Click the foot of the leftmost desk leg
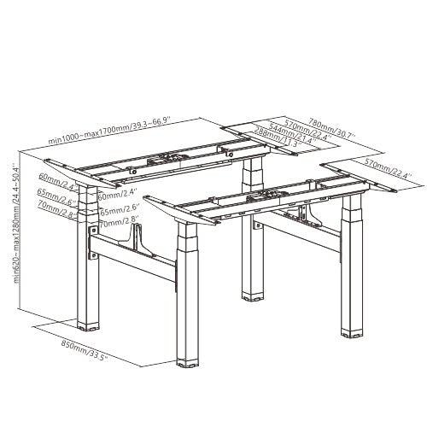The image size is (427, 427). coord(88,325)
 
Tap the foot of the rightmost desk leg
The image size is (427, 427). coord(349,332)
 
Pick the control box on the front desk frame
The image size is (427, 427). coord(255,199)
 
